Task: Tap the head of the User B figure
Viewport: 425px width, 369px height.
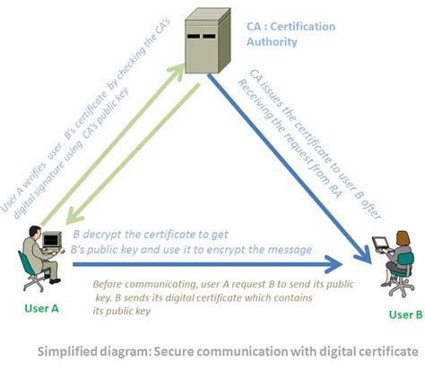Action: tap(403, 236)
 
